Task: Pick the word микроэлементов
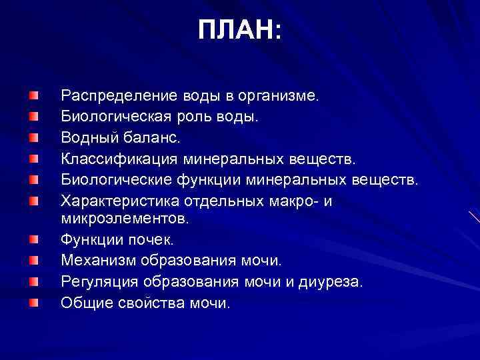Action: click(x=125, y=217)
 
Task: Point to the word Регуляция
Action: click(x=97, y=282)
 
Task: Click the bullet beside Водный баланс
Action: click(x=33, y=138)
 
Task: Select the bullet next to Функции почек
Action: click(x=33, y=238)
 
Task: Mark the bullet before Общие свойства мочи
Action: click(x=33, y=303)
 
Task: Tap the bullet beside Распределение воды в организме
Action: click(x=33, y=97)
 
